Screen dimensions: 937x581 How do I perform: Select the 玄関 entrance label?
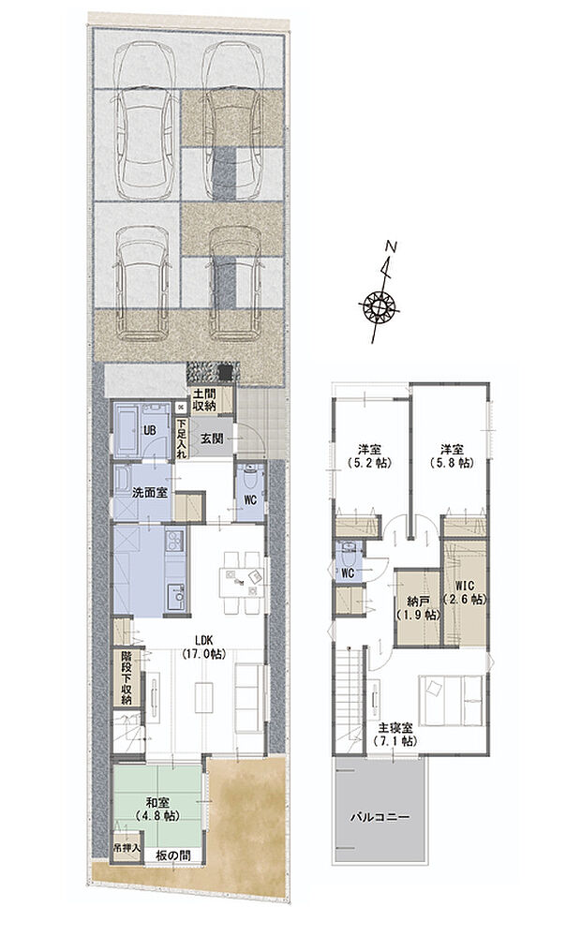click(x=211, y=438)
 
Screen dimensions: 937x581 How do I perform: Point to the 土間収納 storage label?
click(x=204, y=400)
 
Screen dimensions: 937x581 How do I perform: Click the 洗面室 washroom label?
click(x=149, y=493)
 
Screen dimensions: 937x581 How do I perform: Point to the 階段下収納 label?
click(x=126, y=677)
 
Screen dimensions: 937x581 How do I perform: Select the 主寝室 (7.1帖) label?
click(x=395, y=735)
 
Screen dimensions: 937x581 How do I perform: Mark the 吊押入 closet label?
click(x=126, y=849)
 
